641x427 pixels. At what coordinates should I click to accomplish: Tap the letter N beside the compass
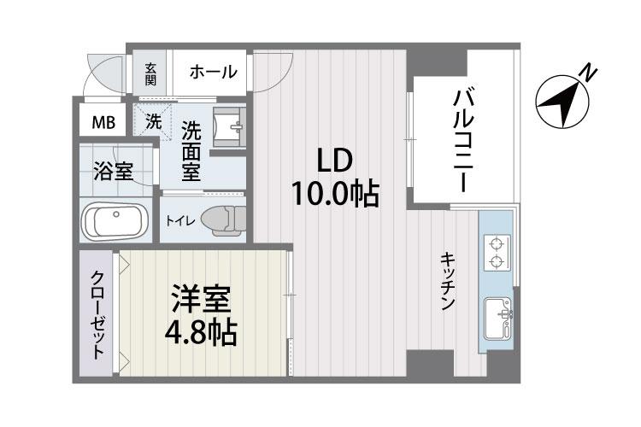tap(587, 73)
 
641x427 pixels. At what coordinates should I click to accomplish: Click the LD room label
tap(335, 161)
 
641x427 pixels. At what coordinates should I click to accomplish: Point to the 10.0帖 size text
tap(335, 195)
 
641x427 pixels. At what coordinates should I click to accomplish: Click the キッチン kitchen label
tap(447, 281)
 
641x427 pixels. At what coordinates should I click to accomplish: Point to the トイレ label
tap(180, 220)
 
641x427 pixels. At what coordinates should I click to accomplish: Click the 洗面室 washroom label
tap(191, 151)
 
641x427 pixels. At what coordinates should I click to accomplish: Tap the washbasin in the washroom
tap(229, 127)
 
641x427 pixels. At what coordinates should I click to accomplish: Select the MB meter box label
tap(103, 121)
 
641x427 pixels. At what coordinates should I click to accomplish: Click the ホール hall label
tap(212, 73)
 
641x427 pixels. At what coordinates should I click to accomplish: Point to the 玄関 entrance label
tap(150, 73)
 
